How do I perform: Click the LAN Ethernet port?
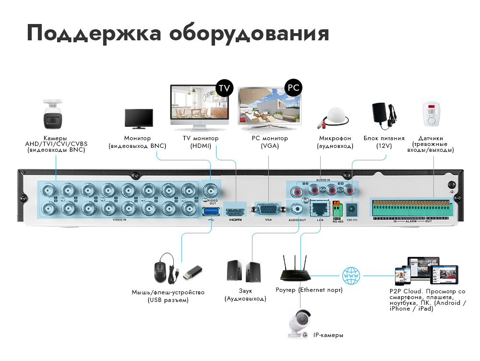coord(319,208)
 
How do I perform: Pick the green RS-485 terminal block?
coord(337,208)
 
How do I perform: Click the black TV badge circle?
coord(224,88)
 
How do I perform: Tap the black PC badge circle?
coord(293,88)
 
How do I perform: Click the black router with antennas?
coord(295,271)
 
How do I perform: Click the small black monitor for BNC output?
coord(139,119)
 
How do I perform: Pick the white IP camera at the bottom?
coord(300,323)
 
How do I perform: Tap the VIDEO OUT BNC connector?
coord(210,189)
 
